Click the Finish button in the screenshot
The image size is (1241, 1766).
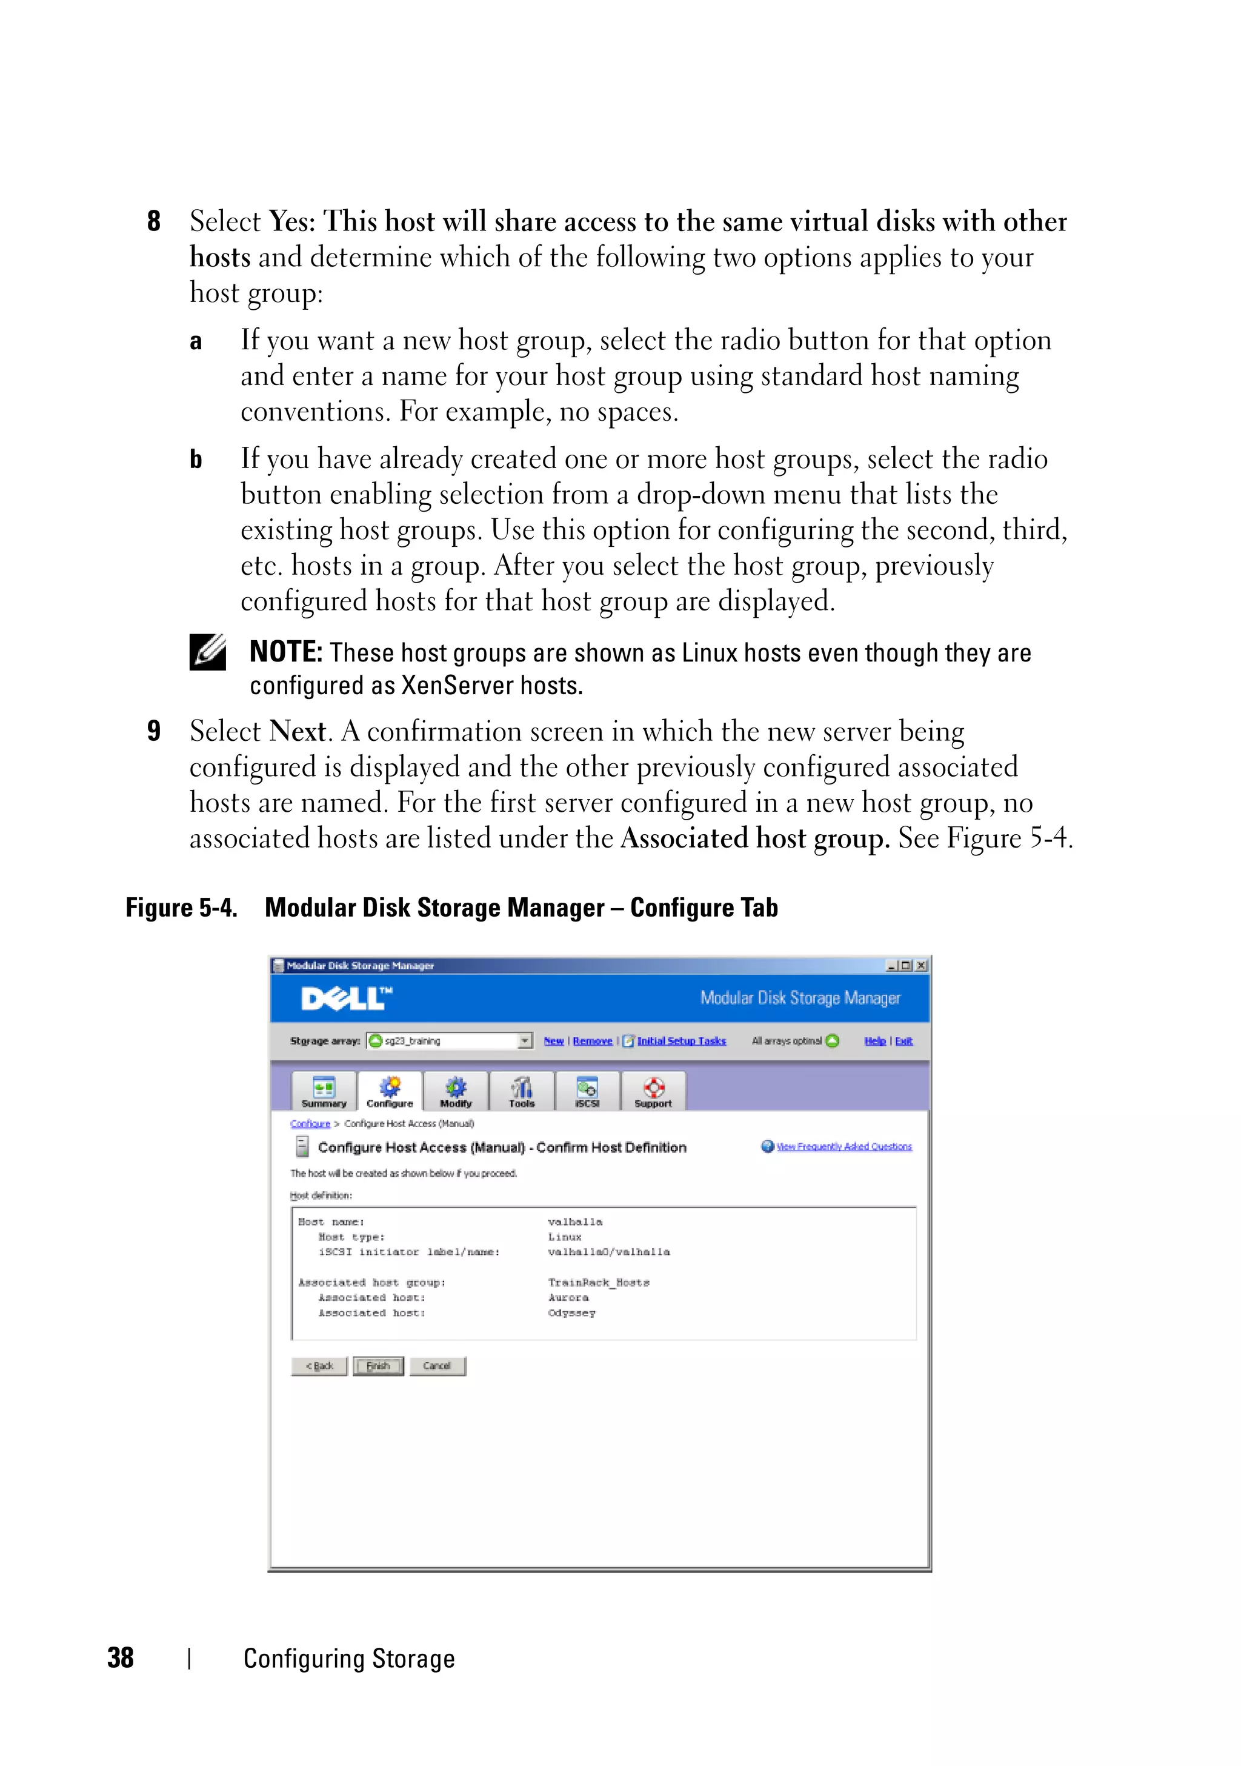point(378,1366)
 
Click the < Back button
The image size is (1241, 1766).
point(319,1366)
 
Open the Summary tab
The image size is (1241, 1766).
point(324,1091)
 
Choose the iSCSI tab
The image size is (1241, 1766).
point(587,1091)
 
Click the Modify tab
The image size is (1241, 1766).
point(456,1091)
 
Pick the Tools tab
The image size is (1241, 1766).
point(521,1091)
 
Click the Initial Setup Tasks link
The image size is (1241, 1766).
point(680,1041)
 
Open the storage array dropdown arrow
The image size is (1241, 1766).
point(524,1041)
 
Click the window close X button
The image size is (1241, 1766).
point(921,965)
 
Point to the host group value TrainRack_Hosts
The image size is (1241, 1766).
point(598,1282)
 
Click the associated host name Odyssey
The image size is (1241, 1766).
point(571,1313)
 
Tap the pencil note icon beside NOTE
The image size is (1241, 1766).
point(208,652)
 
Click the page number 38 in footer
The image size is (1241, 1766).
point(121,1657)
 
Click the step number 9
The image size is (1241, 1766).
point(154,731)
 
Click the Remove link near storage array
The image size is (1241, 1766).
point(592,1041)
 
